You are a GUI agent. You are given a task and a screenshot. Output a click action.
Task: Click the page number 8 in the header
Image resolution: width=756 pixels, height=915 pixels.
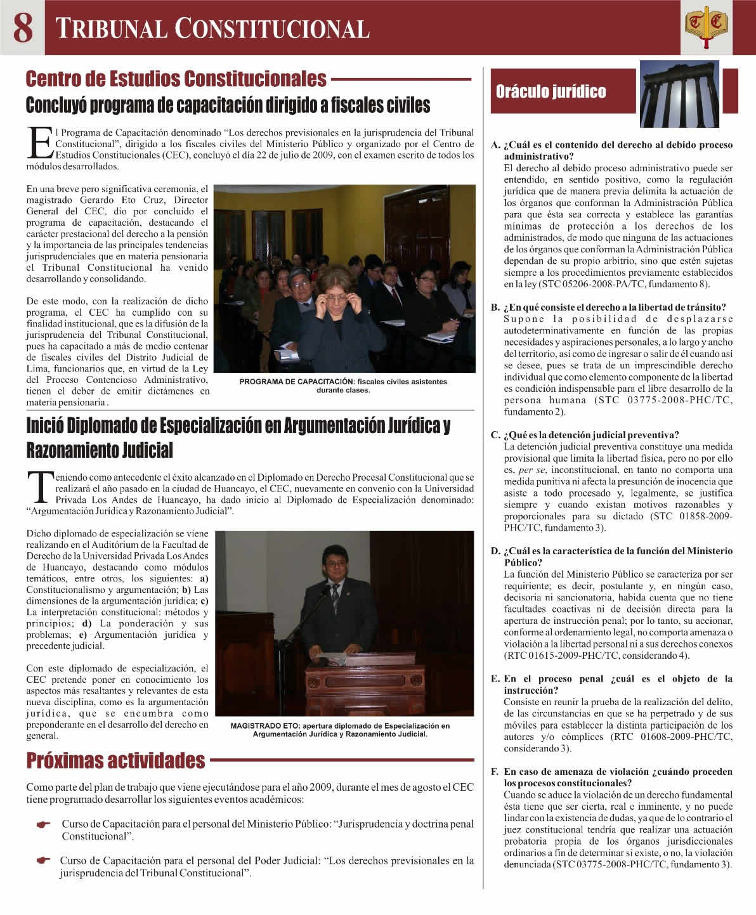pyautogui.click(x=23, y=27)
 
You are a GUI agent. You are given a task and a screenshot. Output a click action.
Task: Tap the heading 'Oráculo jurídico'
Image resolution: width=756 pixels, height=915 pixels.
pyautogui.click(x=551, y=92)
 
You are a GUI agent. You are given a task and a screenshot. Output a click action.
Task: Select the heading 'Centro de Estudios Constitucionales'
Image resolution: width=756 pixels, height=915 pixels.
pyautogui.click(x=176, y=79)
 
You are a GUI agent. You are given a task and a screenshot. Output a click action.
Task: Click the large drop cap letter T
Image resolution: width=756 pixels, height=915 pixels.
pyautogui.click(x=39, y=486)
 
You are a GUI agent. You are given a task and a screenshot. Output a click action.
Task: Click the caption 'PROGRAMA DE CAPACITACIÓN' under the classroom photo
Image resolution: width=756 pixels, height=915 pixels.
pyautogui.click(x=343, y=386)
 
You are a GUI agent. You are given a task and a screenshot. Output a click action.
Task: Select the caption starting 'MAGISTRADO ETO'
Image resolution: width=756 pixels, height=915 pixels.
pyautogui.click(x=340, y=730)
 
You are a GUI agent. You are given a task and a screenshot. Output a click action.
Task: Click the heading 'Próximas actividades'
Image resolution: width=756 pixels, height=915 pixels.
pyautogui.click(x=115, y=760)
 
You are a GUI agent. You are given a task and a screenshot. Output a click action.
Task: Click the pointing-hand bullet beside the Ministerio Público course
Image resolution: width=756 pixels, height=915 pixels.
pyautogui.click(x=43, y=825)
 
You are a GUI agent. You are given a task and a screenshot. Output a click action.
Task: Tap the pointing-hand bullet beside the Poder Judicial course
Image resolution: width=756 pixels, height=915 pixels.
pyautogui.click(x=43, y=861)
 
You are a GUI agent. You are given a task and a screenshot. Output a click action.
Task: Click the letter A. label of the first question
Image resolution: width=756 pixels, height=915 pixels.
pyautogui.click(x=495, y=145)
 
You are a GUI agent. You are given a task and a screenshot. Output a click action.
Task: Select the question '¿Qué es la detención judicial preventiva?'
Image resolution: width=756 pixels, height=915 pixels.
pyautogui.click(x=591, y=435)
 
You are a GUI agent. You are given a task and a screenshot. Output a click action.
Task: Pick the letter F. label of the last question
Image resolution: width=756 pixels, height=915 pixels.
pyautogui.click(x=495, y=772)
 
